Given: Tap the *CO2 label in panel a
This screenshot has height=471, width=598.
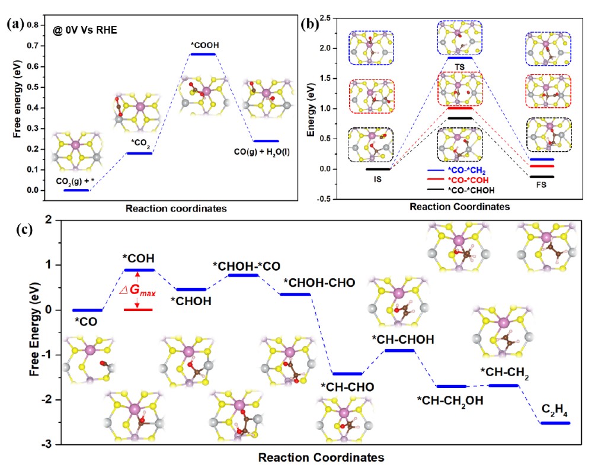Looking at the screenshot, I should pos(139,143).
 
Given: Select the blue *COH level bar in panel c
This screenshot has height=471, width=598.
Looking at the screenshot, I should pos(138,270).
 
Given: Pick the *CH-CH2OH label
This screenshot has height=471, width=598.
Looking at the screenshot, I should pos(449,400).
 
